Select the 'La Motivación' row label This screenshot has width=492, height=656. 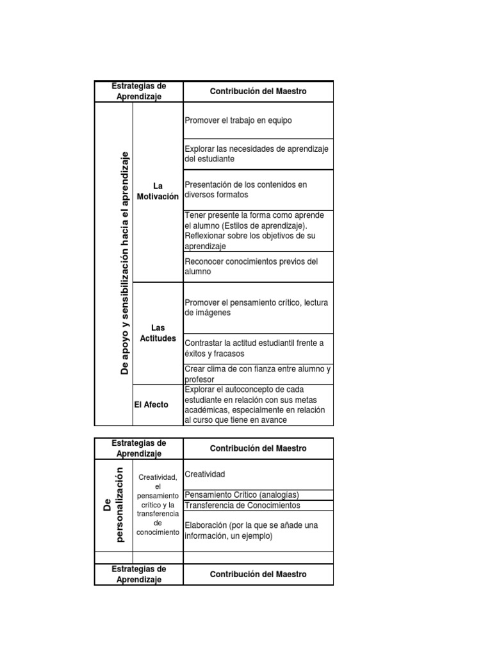click(x=158, y=192)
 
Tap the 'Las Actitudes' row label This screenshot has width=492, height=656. click(x=158, y=333)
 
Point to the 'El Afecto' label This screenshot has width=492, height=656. click(x=152, y=405)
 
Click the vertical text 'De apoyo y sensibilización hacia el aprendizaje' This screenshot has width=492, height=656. click(x=125, y=263)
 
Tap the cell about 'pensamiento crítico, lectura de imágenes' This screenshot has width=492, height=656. click(x=258, y=307)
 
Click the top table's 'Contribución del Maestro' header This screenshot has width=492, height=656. click(x=258, y=92)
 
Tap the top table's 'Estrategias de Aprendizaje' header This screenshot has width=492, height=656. click(x=139, y=92)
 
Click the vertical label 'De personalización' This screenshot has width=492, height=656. click(x=113, y=505)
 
